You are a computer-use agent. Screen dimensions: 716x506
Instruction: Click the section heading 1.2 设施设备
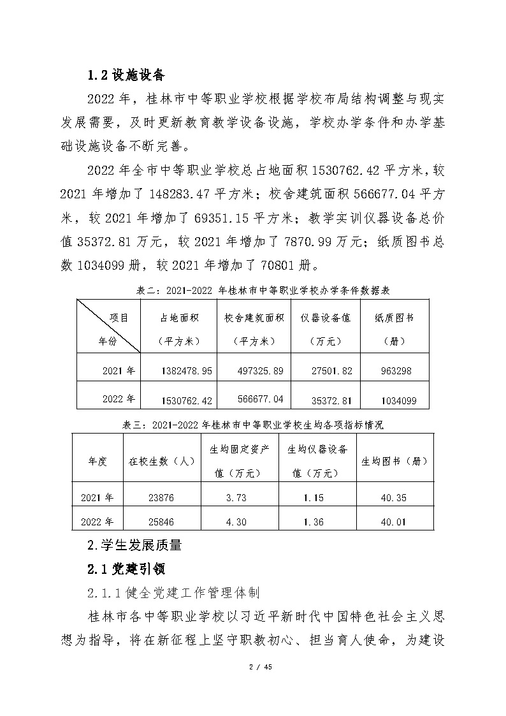pyautogui.click(x=126, y=75)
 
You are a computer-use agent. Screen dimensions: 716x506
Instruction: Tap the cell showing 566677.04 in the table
pyautogui.click(x=254, y=399)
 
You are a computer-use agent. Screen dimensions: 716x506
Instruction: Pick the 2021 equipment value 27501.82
pyautogui.click(x=325, y=370)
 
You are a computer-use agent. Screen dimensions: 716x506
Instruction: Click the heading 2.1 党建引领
pyautogui.click(x=126, y=568)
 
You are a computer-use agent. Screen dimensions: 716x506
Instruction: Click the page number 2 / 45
pyautogui.click(x=253, y=667)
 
